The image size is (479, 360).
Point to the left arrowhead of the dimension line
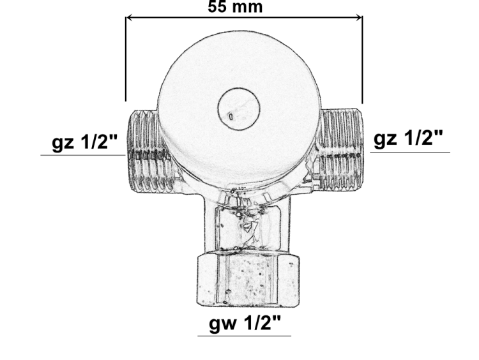(130, 18)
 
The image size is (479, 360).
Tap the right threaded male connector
(341, 151)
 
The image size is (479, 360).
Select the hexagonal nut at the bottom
(246, 280)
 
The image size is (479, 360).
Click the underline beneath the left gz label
(83, 155)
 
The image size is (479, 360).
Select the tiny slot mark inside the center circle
(229, 116)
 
